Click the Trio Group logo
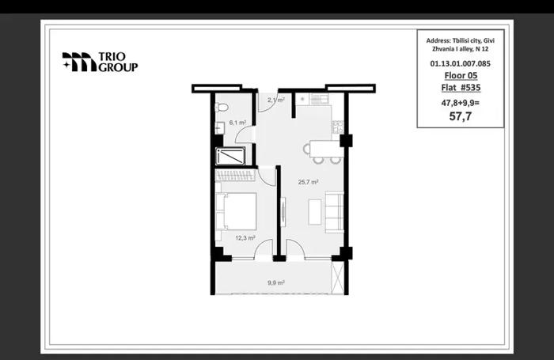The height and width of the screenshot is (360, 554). [x=100, y=63]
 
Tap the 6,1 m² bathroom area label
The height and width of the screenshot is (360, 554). [x=237, y=123]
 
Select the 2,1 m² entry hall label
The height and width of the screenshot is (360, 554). [x=276, y=100]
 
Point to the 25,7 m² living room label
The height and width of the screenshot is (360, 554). [x=308, y=182]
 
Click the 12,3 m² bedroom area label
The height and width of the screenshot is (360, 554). [x=245, y=238]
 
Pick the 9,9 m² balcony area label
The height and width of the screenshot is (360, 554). [x=276, y=282]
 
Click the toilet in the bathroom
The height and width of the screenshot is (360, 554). [x=222, y=107]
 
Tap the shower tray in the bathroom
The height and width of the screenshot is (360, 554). [x=230, y=156]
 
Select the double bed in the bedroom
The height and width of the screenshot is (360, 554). [x=236, y=211]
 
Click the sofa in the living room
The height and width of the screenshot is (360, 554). [x=334, y=211]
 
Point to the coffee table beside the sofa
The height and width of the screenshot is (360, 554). [x=315, y=212]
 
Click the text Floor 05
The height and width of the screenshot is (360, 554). [x=461, y=75]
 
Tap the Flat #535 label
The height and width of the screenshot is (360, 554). [x=461, y=87]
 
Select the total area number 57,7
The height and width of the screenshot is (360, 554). [x=461, y=116]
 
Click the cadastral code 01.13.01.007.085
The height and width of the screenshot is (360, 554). [x=460, y=63]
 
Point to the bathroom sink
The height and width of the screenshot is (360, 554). [x=220, y=127]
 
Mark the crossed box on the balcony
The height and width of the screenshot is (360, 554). [x=337, y=278]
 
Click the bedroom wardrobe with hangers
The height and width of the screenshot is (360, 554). [x=235, y=176]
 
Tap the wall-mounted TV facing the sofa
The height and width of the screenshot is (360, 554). [x=283, y=211]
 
